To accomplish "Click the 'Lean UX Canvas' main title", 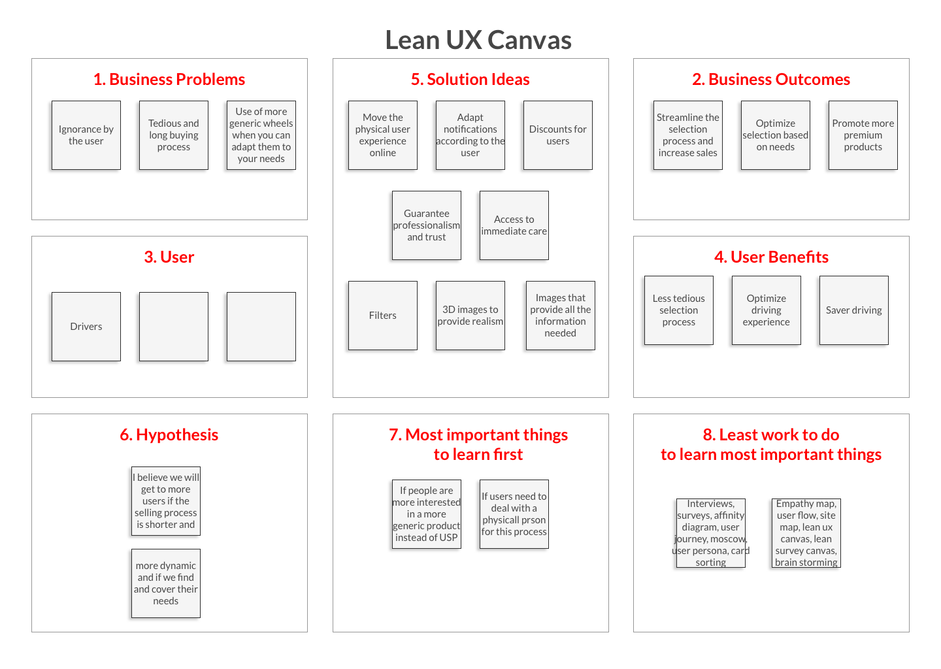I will coord(478,40).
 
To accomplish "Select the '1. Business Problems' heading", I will coord(169,79).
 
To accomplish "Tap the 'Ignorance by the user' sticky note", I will coord(86,135).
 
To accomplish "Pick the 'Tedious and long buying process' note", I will coord(174,135).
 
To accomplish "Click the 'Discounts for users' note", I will coord(558,135).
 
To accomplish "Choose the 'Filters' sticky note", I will coord(383,316).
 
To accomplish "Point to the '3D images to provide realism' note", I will coord(470,316).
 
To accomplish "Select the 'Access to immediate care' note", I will coord(514,225).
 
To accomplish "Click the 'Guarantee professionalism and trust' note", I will coord(427,225).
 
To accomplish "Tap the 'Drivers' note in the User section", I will coord(86,327).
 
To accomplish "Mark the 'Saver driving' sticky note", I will coord(854,310).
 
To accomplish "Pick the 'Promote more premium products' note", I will coord(863,135).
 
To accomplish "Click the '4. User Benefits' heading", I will coord(771,257).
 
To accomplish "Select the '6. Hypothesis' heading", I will coord(169,434).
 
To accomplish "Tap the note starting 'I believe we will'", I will coord(166,501).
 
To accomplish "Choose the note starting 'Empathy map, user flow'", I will coord(806,533).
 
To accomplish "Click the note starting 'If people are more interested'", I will coord(427,514).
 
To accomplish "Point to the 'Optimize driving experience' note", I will coord(767,310).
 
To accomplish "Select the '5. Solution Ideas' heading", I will coord(470,79).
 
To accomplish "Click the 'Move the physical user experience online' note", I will coord(383,135).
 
